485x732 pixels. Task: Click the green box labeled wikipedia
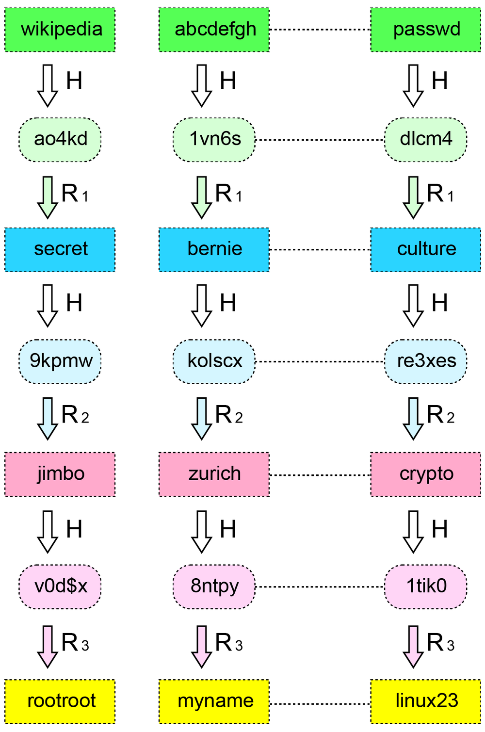[x=60, y=30]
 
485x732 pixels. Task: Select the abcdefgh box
[x=214, y=30]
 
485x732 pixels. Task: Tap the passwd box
[x=425, y=30]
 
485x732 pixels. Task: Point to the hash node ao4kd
[x=60, y=140]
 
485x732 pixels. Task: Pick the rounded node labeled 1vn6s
[x=214, y=140]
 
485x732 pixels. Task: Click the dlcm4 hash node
[x=425, y=140]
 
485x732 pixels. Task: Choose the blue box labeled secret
[x=60, y=249]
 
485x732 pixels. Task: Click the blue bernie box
[x=214, y=249]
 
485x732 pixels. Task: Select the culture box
[x=425, y=249]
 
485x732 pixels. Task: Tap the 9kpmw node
[x=60, y=361]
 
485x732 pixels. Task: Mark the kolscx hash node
[x=214, y=361]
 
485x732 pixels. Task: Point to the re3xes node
[x=425, y=361]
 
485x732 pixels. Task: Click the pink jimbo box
[x=60, y=474]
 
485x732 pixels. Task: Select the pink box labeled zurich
[x=214, y=474]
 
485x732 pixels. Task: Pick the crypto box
[x=425, y=474]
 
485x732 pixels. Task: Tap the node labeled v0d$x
[x=60, y=586]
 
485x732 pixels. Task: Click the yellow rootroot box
[x=60, y=701]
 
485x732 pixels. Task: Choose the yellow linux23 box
[x=425, y=701]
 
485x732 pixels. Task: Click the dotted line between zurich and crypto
[x=320, y=475]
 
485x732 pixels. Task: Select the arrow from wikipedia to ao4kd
[x=48, y=85]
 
